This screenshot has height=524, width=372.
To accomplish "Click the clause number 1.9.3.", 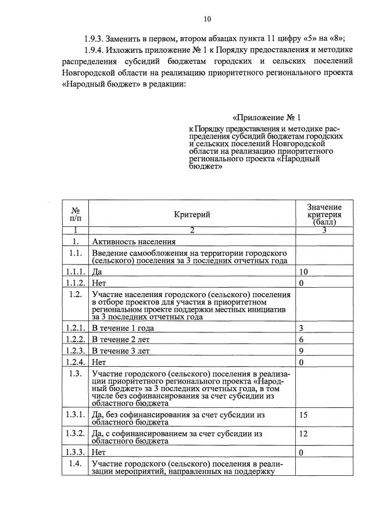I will click(x=96, y=39).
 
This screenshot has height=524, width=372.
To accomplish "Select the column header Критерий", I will click(x=192, y=215).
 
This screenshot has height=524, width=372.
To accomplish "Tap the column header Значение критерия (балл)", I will click(x=324, y=214).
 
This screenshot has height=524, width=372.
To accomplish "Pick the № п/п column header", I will click(x=75, y=214).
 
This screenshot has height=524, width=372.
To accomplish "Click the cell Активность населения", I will click(x=133, y=241).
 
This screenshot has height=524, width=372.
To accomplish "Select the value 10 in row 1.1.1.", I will click(x=303, y=272).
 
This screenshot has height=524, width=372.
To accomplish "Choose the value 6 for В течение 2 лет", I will click(x=301, y=339).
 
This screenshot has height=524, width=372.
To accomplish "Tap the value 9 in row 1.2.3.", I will click(x=301, y=350).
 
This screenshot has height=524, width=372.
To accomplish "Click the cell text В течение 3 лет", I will click(x=120, y=350).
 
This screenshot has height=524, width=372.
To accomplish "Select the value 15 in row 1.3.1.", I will click(x=303, y=415).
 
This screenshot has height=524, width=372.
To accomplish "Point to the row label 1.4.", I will click(x=74, y=463).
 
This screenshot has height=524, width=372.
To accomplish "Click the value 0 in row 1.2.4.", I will click(x=301, y=362).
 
